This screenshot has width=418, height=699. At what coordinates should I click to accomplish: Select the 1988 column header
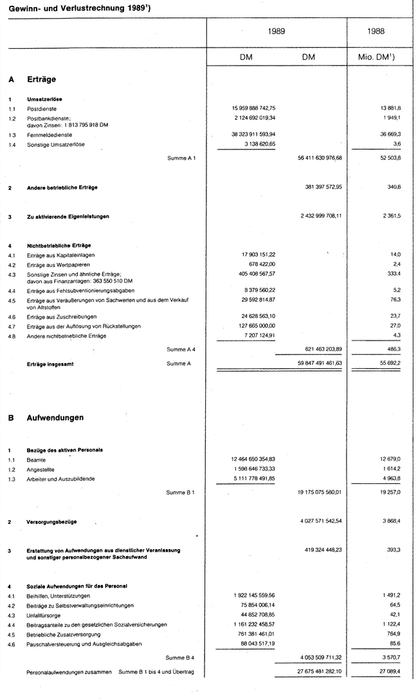tap(376, 30)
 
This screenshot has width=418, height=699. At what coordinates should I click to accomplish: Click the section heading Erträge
tap(41, 80)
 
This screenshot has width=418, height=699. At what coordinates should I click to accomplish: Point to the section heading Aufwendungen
tap(55, 418)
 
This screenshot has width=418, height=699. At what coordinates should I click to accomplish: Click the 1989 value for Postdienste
tap(262, 108)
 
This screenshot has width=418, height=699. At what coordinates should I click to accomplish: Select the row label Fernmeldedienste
tap(50, 135)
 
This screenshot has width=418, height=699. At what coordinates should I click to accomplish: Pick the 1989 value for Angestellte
tap(262, 470)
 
